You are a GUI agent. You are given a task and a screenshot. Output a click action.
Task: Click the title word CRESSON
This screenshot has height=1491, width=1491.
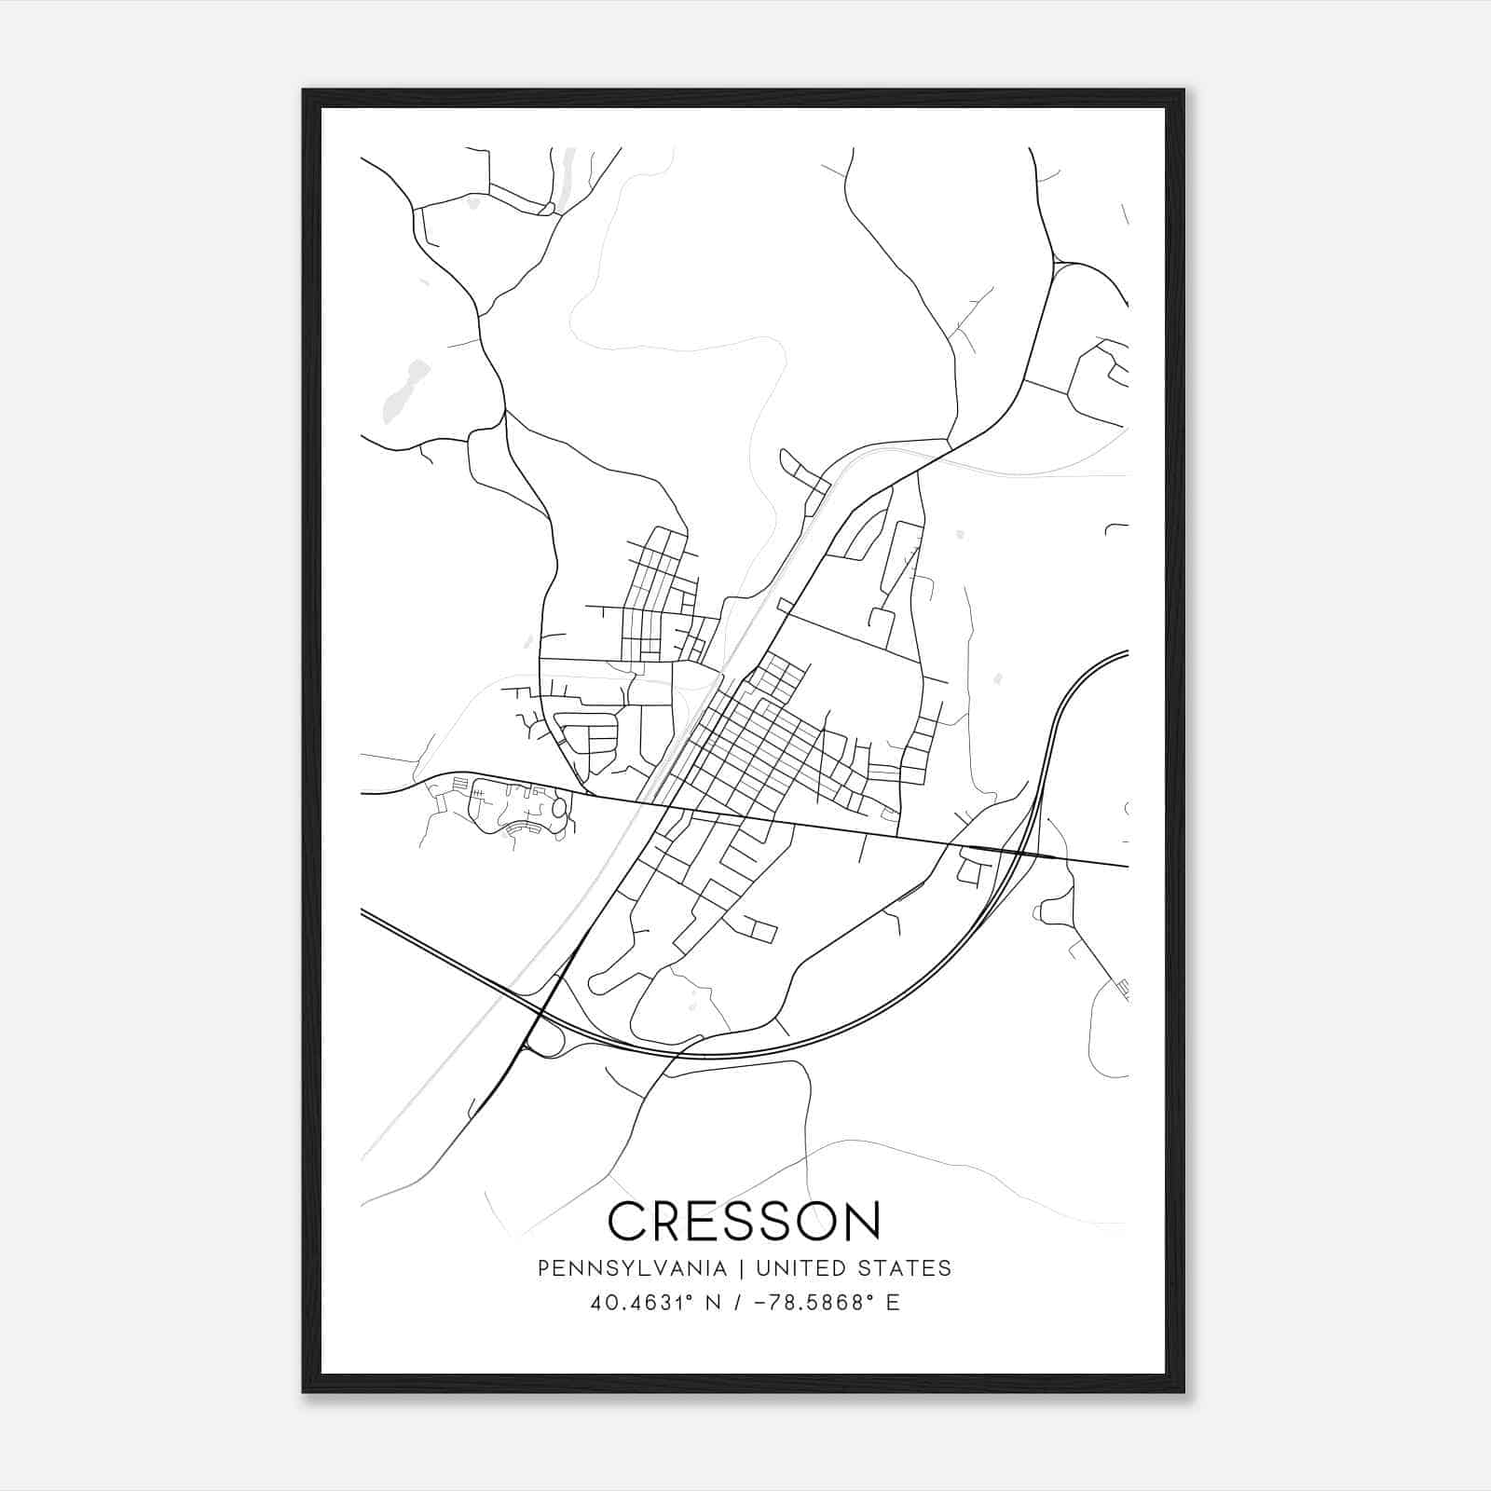click(x=745, y=1221)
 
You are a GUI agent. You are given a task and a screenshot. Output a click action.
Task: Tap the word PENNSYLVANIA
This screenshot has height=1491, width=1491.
click(x=633, y=1268)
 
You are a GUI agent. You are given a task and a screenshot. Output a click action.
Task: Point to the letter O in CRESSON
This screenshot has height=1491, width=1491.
click(x=816, y=1221)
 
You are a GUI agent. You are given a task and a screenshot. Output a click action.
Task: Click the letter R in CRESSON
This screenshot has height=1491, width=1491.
click(x=669, y=1221)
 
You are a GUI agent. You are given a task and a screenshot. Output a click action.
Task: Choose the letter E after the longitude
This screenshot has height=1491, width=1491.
click(x=893, y=1303)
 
